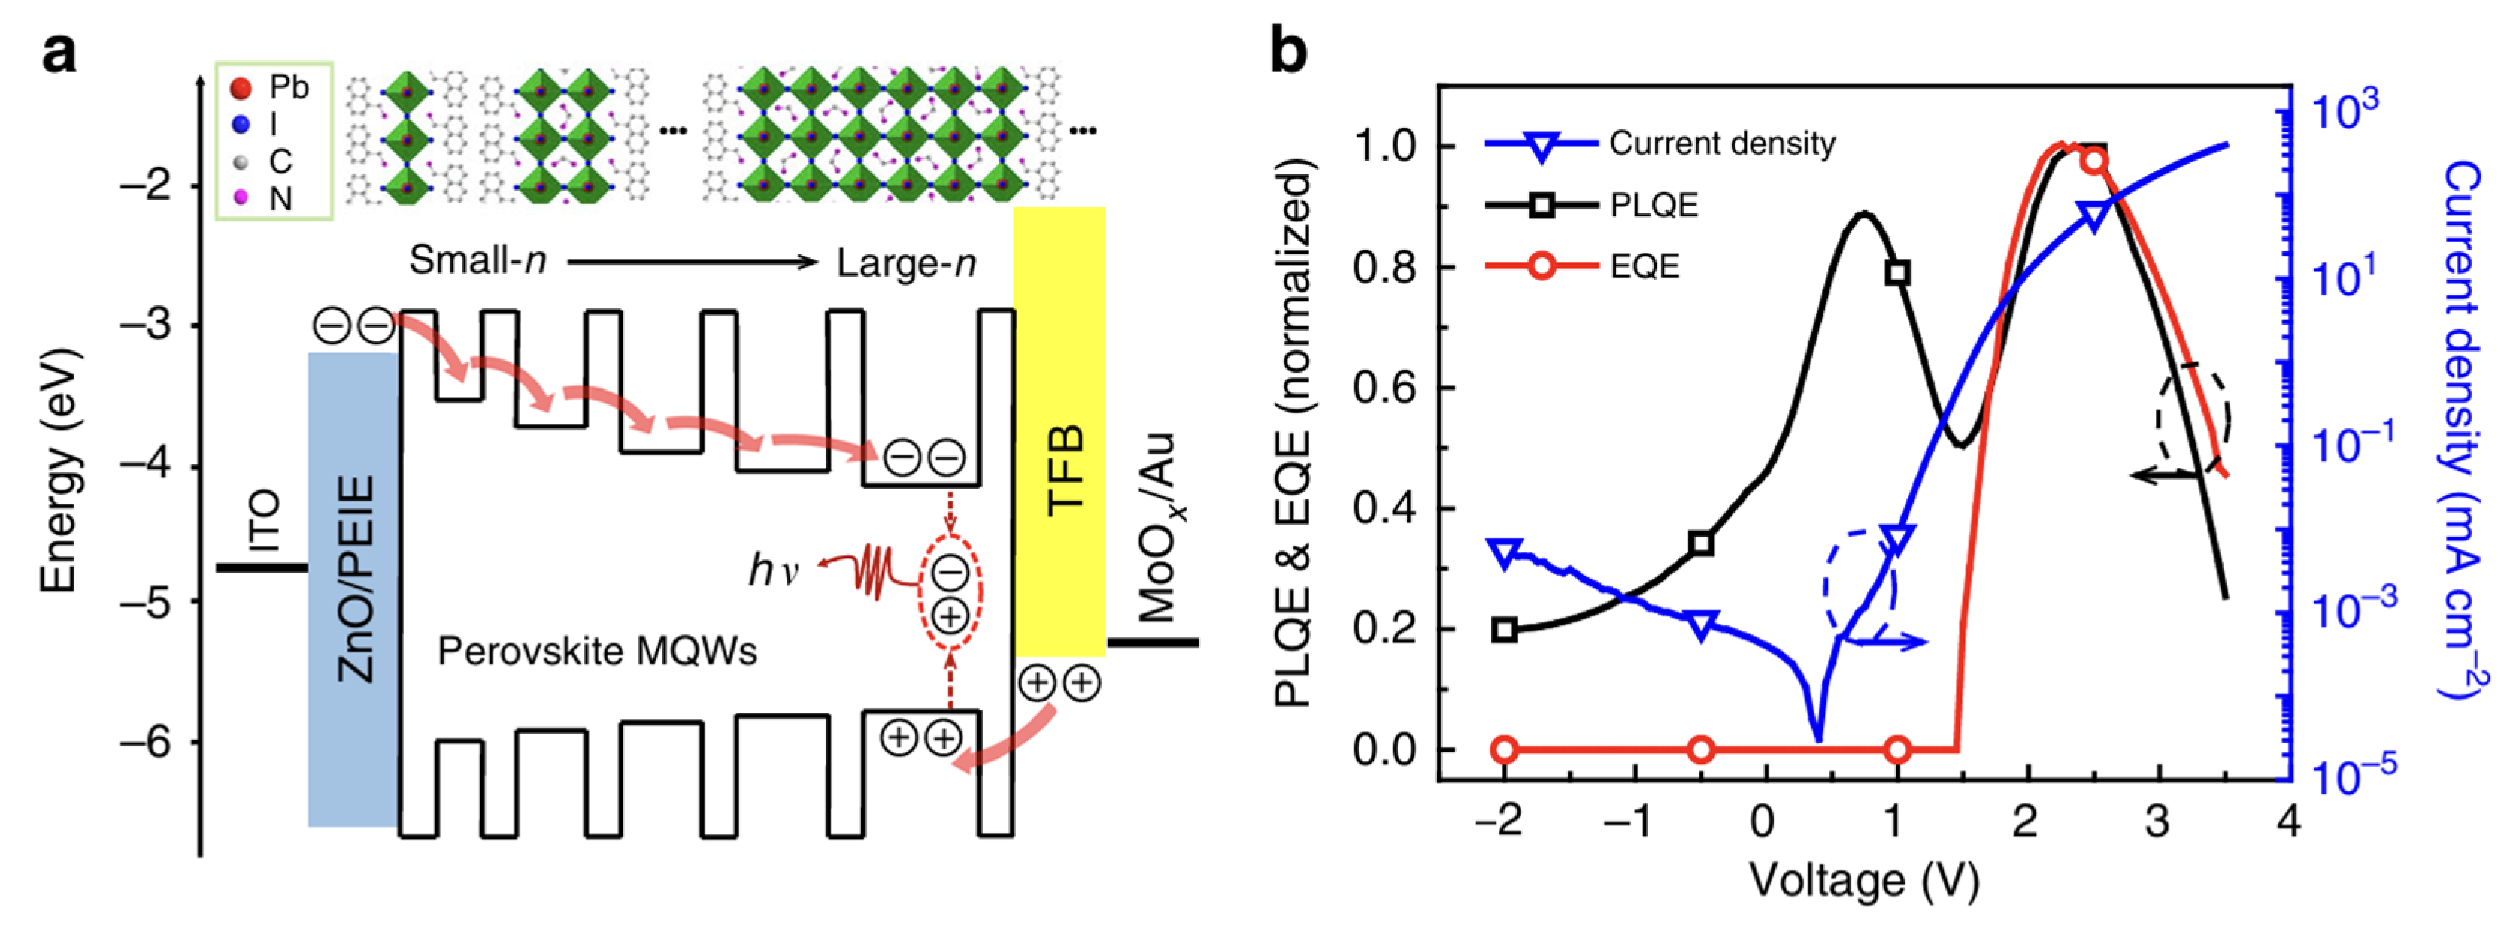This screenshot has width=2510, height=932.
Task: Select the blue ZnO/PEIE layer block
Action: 353,589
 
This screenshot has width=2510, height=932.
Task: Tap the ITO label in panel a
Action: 263,521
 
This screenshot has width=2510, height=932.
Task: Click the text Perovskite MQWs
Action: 596,651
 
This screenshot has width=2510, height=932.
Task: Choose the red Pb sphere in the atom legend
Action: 240,89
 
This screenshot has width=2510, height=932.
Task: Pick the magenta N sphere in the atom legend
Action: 240,198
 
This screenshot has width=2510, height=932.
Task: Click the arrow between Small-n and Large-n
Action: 692,261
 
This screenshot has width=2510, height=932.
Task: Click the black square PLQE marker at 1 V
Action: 1896,273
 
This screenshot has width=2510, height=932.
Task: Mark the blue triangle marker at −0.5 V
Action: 1701,625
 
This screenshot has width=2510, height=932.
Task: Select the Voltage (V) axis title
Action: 1864,879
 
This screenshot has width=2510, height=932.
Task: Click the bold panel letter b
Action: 1287,50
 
